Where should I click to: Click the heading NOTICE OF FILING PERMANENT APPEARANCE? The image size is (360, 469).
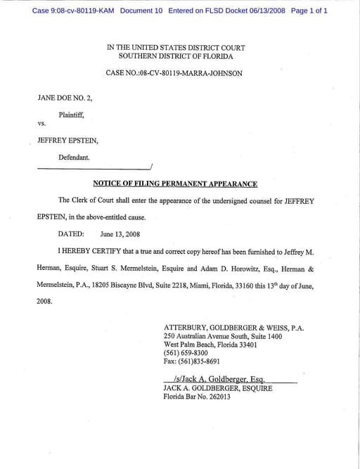click(175, 184)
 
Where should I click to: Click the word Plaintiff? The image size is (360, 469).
click(71, 114)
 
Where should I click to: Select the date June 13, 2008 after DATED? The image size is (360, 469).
click(120, 234)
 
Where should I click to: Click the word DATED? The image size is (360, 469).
click(71, 234)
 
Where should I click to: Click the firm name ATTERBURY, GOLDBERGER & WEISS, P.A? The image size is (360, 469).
click(233, 328)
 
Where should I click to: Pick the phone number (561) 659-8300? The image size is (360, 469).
click(186, 353)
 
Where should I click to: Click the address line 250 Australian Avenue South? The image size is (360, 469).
click(222, 337)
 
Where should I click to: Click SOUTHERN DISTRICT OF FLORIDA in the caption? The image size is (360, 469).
click(176, 56)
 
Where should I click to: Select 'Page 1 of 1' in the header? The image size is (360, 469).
click(309, 11)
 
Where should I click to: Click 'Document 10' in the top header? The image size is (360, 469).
click(141, 11)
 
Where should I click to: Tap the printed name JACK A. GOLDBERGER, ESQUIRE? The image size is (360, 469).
click(217, 388)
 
